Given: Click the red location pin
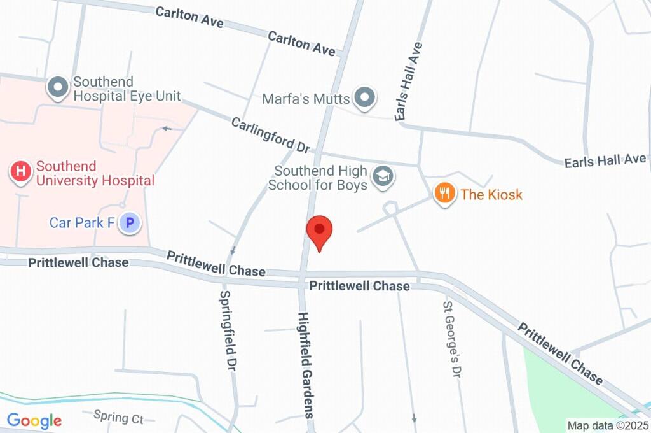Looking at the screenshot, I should coord(319,231).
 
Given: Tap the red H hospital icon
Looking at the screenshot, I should coord(21,171).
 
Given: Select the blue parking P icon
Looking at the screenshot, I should coord(130,223).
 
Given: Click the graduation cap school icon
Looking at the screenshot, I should coord(382,178).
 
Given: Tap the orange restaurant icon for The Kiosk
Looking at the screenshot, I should coord(444,193).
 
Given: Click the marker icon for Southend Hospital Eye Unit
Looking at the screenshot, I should coord(58,87).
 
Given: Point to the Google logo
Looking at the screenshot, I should coord(34,420).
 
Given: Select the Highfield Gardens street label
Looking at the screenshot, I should coord(306,364).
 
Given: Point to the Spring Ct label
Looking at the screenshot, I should coord(118,418).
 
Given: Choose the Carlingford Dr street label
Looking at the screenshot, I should coord(270,134).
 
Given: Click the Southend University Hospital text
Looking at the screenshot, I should coord(95,173).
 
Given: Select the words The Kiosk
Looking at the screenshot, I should coord(491,194).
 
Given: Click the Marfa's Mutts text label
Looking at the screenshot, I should coord(306,99).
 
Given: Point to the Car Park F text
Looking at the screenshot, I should coord(81,223).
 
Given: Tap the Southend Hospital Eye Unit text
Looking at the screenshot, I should coord(126,89).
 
